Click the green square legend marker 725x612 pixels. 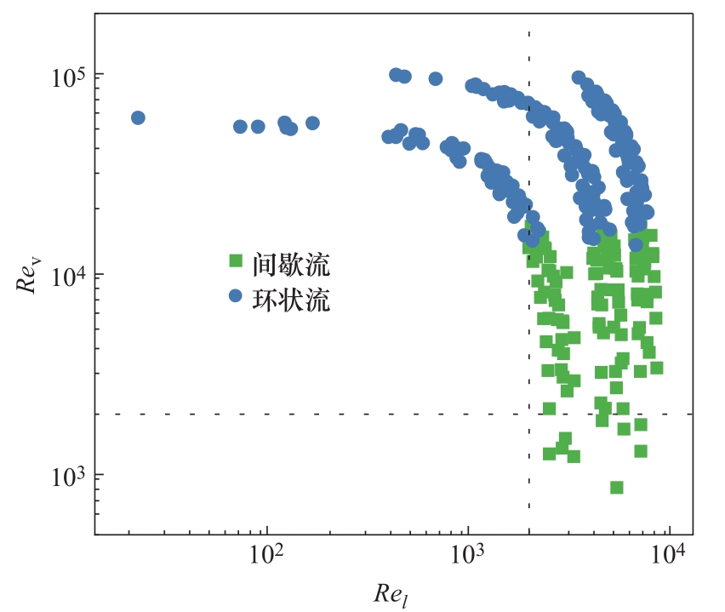(x=236, y=260)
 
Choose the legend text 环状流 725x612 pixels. (x=290, y=300)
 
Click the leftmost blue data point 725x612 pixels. (x=138, y=117)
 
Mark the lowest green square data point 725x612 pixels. (x=617, y=488)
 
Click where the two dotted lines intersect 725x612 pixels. (x=529, y=415)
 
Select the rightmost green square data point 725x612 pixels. (x=656, y=368)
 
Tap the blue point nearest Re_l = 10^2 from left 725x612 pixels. (x=258, y=127)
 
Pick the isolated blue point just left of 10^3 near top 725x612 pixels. (x=435, y=79)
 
